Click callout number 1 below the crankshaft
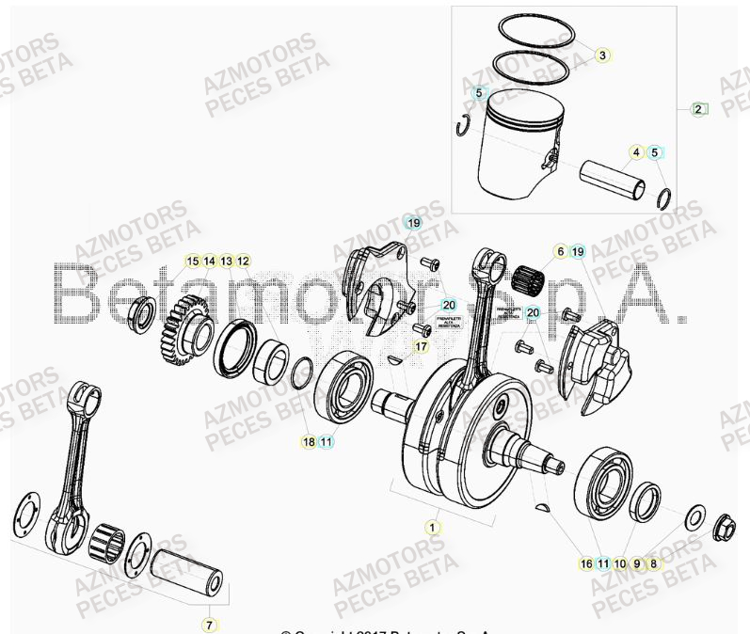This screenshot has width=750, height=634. (x=433, y=528)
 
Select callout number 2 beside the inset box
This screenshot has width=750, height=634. (x=697, y=109)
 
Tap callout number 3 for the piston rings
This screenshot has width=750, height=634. (x=602, y=55)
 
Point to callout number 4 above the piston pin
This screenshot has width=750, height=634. (x=636, y=151)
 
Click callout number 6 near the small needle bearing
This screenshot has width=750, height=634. (x=560, y=251)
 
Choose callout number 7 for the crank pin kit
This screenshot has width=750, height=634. (x=209, y=624)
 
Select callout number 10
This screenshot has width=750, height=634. (x=620, y=563)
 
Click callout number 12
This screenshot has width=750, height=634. (x=243, y=261)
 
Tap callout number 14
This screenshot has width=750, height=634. (x=209, y=261)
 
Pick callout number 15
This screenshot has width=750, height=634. (x=192, y=261)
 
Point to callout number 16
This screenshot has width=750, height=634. (x=586, y=563)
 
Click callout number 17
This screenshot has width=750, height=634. (x=421, y=346)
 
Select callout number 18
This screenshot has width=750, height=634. (x=308, y=441)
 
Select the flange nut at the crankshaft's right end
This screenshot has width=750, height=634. (x=726, y=525)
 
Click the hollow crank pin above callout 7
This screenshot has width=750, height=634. (x=194, y=573)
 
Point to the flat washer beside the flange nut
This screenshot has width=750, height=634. (x=697, y=516)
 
